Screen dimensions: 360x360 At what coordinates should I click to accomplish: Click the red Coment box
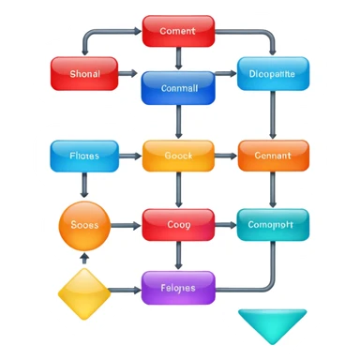click(x=178, y=31)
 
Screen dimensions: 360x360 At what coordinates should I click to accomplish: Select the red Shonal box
click(x=84, y=73)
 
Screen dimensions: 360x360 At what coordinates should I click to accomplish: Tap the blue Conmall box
click(x=178, y=87)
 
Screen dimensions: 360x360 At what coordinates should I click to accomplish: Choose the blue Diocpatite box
click(x=272, y=73)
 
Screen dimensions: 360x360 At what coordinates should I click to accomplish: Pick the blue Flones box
click(x=84, y=156)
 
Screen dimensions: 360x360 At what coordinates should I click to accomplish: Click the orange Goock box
click(x=178, y=156)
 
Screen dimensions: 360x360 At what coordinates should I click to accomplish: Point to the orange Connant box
click(x=272, y=156)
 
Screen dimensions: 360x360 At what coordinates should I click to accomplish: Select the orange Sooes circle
click(x=84, y=225)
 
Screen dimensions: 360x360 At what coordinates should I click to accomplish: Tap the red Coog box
click(x=178, y=225)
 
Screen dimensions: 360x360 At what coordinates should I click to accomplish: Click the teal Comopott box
click(x=272, y=225)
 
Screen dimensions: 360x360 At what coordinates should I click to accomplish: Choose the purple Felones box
click(x=178, y=287)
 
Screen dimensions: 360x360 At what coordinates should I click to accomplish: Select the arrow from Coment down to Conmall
click(x=178, y=58)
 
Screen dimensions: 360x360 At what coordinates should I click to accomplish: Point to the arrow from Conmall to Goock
click(x=178, y=122)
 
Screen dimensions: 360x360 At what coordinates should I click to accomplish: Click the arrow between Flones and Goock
click(x=130, y=156)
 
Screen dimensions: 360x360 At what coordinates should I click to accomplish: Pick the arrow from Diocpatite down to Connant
click(x=272, y=114)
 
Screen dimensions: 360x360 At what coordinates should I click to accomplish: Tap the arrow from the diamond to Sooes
click(x=84, y=258)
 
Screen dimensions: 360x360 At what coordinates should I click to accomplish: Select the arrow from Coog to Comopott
click(x=224, y=225)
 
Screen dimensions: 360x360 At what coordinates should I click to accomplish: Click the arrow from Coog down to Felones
click(x=178, y=255)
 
